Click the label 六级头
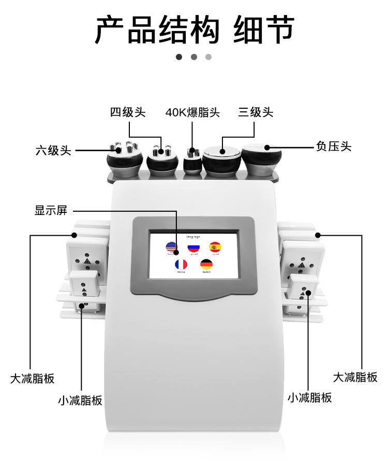click(x=53, y=151)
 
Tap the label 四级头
click(x=127, y=112)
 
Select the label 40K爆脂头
click(x=192, y=112)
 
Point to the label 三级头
click(x=256, y=112)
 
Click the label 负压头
click(x=333, y=147)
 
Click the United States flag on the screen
click(x=170, y=248)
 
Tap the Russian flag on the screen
click(x=193, y=248)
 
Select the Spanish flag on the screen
click(x=215, y=248)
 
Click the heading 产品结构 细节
click(x=194, y=30)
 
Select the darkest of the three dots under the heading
click(x=179, y=57)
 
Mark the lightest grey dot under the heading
click(x=208, y=57)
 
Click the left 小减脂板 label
click(x=80, y=400)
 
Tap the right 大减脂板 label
click(x=355, y=377)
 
